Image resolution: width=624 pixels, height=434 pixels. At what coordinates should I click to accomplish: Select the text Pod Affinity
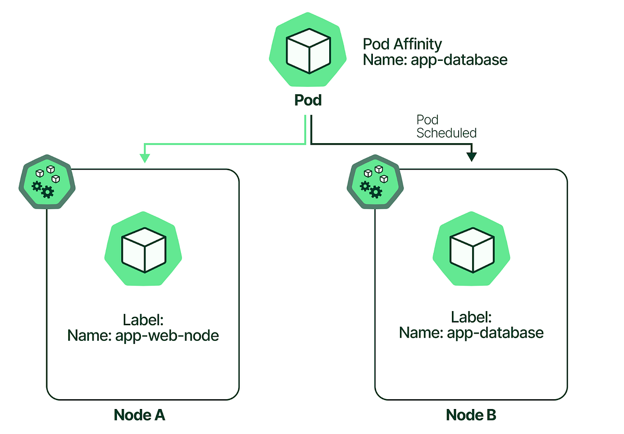[x=402, y=44]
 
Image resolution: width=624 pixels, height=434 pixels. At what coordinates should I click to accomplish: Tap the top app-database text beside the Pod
[x=459, y=60]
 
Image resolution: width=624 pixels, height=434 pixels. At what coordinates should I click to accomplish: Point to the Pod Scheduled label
[x=446, y=126]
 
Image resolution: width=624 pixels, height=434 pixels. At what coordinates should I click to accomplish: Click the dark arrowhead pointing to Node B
[x=472, y=156]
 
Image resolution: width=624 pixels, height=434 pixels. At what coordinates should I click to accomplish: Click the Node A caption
[x=139, y=415]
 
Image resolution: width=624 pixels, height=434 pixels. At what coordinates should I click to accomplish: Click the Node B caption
[x=471, y=415]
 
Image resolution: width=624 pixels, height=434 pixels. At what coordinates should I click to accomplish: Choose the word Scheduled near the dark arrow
[x=446, y=133]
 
